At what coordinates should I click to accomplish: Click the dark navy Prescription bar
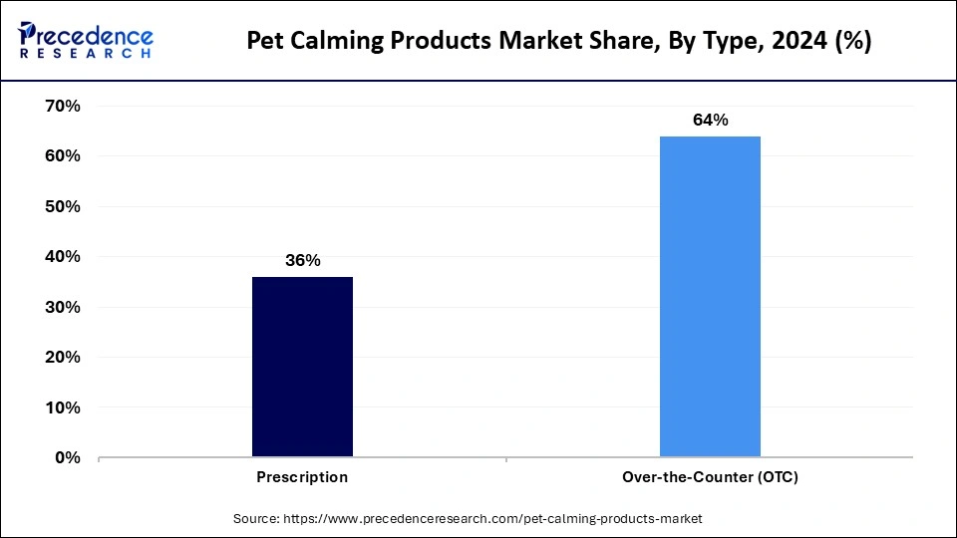tap(302, 367)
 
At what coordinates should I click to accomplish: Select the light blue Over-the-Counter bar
tap(710, 297)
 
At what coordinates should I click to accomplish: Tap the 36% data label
tap(302, 261)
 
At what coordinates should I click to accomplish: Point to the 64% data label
tap(710, 121)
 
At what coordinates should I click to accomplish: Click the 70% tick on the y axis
tap(63, 106)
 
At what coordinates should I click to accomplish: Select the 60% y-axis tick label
tap(63, 156)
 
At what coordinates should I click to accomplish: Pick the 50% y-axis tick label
tap(63, 206)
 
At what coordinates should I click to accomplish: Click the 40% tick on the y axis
tap(63, 257)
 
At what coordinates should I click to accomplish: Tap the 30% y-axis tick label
tap(63, 307)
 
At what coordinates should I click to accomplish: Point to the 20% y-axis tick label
tap(63, 358)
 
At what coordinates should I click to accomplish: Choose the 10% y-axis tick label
tap(63, 407)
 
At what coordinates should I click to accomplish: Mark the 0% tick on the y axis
tap(67, 458)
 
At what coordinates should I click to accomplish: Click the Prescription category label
tap(302, 477)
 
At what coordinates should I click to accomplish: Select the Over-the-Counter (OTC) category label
tap(710, 477)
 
